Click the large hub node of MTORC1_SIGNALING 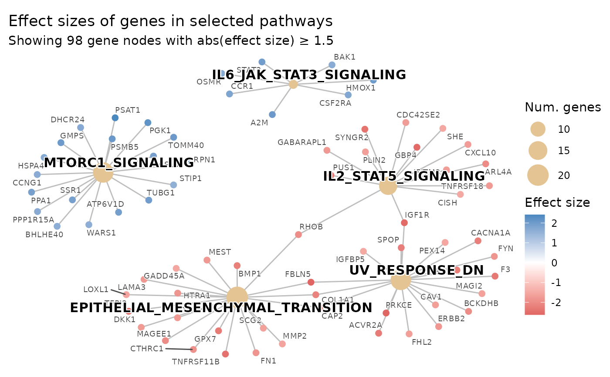point(103,173)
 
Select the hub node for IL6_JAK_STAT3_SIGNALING point(293,84)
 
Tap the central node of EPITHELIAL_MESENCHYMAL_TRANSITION point(237,297)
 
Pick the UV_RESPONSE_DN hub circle point(401,280)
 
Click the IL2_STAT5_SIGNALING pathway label point(403,176)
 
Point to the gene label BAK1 point(344,57)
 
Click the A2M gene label point(259,123)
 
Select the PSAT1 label point(127,110)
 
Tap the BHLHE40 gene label point(44,235)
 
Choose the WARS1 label point(101,233)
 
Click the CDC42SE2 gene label point(418,115)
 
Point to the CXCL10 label point(480,153)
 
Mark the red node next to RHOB point(298,235)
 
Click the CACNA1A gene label point(490,233)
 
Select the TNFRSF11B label point(196,362)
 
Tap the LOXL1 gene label point(95,289)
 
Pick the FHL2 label point(421,342)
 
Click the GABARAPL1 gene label point(302,142)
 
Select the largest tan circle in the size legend point(538,175)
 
